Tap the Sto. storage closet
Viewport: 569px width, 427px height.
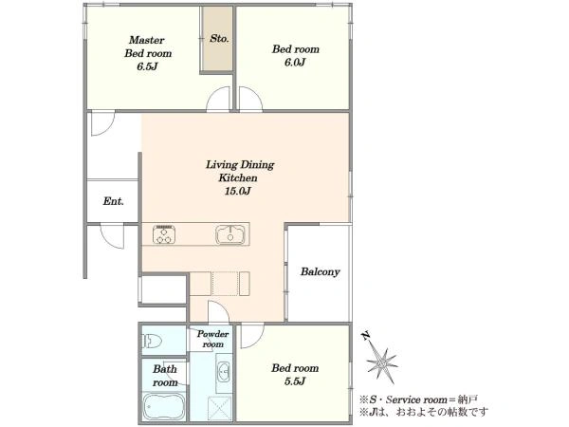coord(217,39)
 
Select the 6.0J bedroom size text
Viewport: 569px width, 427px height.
coord(295,63)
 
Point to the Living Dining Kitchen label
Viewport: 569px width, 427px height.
coord(240,171)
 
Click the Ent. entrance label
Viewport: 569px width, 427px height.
coord(113,201)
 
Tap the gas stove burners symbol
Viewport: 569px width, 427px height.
coord(164,234)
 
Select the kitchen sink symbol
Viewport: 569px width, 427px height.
coord(230,234)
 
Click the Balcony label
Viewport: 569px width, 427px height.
coord(321,271)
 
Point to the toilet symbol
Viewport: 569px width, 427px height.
coord(153,342)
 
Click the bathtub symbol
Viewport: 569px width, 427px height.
coord(164,406)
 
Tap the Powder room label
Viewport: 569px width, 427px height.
coord(212,339)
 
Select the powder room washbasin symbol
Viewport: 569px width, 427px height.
coord(223,372)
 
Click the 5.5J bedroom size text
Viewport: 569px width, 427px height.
coord(294,381)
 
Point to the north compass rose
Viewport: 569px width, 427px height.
coord(382,363)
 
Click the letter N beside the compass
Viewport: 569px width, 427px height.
coord(366,336)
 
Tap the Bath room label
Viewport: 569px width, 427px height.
coord(165,376)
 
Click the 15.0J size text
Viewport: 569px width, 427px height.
coord(237,191)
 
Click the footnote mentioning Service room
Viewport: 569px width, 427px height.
coord(418,399)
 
